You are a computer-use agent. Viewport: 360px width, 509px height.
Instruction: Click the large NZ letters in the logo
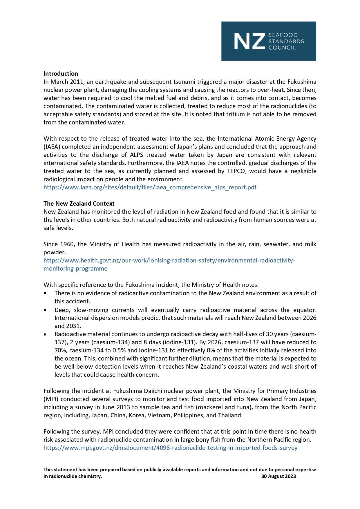[x=249, y=41]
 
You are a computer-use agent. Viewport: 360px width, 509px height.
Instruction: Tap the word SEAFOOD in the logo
[x=283, y=35]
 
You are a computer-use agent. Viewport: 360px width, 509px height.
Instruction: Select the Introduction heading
[x=61, y=74]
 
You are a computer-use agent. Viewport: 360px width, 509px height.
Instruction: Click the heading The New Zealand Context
[x=79, y=204]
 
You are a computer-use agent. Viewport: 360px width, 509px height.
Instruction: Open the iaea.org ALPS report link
[x=150, y=187]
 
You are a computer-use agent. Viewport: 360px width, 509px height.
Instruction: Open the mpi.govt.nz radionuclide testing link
[x=170, y=448]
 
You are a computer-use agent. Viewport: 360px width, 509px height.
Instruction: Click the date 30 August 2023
[x=278, y=476]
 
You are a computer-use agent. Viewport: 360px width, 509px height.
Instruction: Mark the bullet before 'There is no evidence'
[x=46, y=294]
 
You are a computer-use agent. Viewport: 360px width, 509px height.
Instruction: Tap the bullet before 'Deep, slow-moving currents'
[x=46, y=310]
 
